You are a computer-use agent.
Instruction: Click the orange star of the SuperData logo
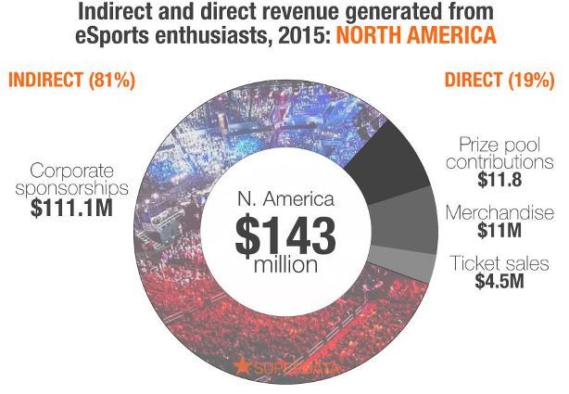point(244,364)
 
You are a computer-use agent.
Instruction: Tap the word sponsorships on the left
point(80,189)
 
